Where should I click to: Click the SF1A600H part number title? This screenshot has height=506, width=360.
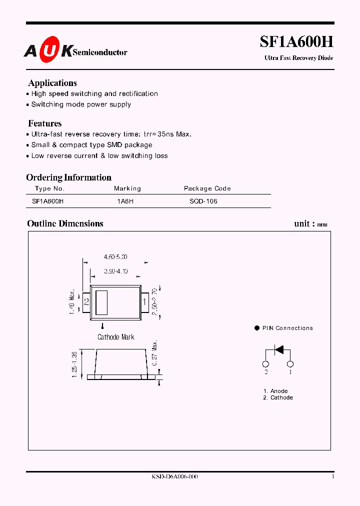click(296, 42)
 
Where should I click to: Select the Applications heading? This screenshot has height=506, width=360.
click(52, 83)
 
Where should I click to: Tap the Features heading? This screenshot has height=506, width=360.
click(45, 123)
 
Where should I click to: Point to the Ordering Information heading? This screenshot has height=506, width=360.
click(68, 177)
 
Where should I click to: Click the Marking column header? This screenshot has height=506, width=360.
click(127, 188)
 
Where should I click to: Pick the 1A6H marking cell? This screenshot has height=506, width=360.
click(125, 201)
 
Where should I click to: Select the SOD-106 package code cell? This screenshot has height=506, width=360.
click(203, 201)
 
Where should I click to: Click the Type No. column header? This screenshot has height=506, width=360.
click(50, 188)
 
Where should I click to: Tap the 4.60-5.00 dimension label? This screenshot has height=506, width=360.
click(115, 256)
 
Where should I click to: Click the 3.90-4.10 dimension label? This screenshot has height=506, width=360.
click(115, 271)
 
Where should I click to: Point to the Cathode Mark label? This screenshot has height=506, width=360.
click(115, 337)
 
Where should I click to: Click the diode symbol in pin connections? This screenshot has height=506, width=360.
click(279, 349)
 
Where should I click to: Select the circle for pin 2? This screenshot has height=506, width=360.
click(266, 364)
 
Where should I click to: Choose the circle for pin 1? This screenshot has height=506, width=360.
click(290, 364)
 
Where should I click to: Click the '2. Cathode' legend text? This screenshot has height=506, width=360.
click(278, 397)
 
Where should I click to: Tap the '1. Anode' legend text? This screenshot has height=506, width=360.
click(275, 391)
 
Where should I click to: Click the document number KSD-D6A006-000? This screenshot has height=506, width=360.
click(174, 477)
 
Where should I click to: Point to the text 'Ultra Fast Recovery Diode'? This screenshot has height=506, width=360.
click(298, 58)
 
